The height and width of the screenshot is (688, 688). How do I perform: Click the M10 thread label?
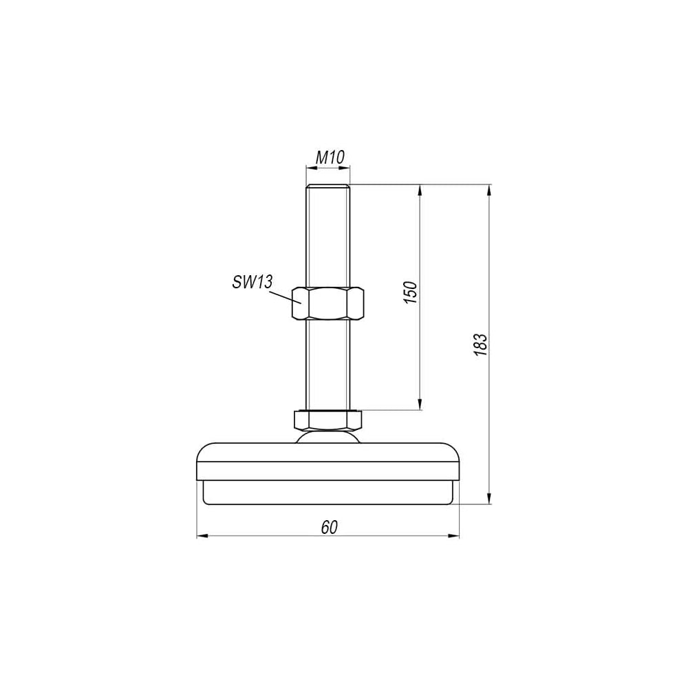330,157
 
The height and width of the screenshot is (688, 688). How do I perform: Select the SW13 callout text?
252,281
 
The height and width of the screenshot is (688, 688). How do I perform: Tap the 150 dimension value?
410,292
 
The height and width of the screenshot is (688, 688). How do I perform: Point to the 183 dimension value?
481,345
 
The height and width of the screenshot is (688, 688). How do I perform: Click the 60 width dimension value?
329,528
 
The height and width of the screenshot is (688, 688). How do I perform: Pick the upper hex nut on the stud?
327,303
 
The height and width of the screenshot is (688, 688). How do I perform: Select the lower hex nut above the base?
327,420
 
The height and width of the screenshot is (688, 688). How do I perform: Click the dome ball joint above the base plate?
327,437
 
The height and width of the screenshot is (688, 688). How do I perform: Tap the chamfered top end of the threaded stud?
327,186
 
